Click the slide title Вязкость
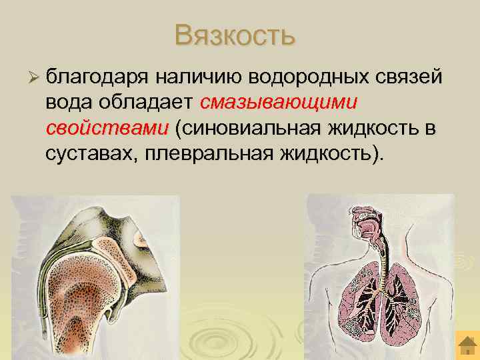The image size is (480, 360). click(234, 35)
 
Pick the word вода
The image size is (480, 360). click(69, 103)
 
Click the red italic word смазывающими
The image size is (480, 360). click(279, 103)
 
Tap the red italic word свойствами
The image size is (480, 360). click(107, 129)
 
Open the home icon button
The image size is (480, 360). click(466, 346)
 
